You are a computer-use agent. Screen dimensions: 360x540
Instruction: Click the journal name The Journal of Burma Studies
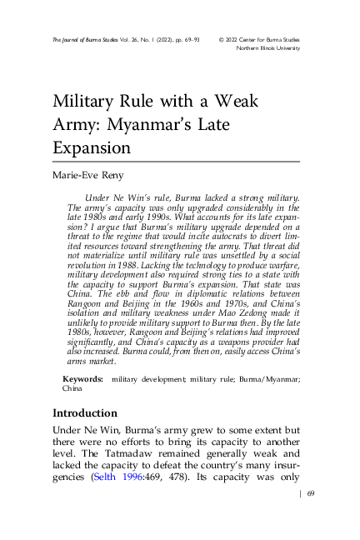point(80,39)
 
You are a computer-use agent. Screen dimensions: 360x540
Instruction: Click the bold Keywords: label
point(82,379)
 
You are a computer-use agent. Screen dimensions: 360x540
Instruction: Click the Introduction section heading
point(85,413)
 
